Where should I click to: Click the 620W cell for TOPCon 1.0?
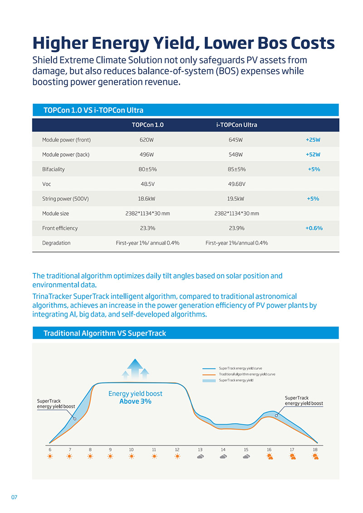[147, 140]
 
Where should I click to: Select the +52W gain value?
[313, 155]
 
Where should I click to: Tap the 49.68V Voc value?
[236, 184]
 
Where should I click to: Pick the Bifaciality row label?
[54, 169]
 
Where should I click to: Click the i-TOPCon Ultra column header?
[236, 125]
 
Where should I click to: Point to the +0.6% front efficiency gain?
[314, 228]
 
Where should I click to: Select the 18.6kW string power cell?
[147, 198]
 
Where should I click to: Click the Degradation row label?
[56, 243]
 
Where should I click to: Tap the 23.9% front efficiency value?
[236, 228]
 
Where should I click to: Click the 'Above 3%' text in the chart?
[135, 402]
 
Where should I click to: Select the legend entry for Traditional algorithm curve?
[246, 374]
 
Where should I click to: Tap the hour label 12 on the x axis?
[177, 450]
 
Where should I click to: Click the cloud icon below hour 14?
[223, 457]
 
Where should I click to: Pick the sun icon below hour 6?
[49, 457]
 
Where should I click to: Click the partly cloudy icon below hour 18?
[315, 457]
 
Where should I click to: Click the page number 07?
[14, 497]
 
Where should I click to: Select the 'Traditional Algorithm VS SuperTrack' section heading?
[104, 334]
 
